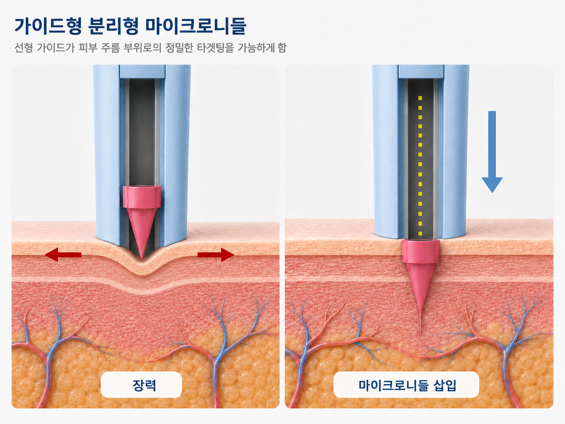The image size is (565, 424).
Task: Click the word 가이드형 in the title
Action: coord(48,26)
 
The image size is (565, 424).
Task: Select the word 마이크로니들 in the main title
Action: coord(196,26)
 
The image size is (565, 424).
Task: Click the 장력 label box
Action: coord(141,385)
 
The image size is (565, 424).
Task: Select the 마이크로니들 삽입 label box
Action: coord(406,385)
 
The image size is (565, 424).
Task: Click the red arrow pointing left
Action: coord(63,255)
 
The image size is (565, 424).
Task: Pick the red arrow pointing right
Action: coord(216,255)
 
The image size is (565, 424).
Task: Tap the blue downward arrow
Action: coord(492,152)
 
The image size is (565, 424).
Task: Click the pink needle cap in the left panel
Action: coord(142,197)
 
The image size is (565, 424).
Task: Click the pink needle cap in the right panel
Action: coord(421,251)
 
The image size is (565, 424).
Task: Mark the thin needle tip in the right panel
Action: coord(420,335)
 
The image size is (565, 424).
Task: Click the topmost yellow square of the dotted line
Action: coord(420,98)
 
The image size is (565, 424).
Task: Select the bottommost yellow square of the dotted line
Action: coord(420,233)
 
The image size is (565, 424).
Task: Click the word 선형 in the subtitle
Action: coord(24,48)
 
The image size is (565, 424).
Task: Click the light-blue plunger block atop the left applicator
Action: coord(142,71)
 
